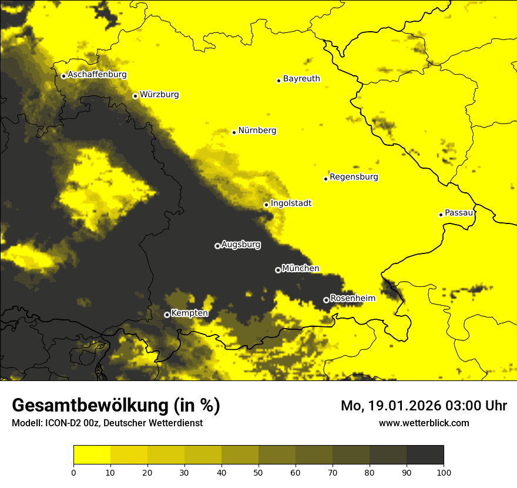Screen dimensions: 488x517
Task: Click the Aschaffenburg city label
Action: tap(97, 75)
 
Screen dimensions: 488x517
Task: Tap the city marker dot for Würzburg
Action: tap(135, 96)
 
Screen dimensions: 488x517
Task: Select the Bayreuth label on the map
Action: tap(301, 78)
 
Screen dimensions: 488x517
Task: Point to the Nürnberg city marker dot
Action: tap(234, 132)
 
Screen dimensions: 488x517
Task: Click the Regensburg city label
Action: tap(354, 176)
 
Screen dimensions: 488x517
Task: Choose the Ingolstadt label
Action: tap(291, 203)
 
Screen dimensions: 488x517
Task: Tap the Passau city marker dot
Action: tap(441, 215)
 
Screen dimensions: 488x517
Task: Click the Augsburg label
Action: tap(241, 244)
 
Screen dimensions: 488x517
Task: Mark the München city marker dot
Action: tap(278, 270)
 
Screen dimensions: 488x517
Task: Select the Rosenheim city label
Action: tap(352, 298)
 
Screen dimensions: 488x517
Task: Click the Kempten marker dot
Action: tap(167, 315)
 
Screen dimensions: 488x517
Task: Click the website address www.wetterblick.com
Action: tap(424, 423)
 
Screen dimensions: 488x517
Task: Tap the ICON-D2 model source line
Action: tap(107, 423)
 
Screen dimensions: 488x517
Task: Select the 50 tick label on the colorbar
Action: tap(258, 472)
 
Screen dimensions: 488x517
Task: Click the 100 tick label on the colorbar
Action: tap(444, 472)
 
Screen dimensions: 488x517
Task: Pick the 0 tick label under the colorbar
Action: tap(73, 472)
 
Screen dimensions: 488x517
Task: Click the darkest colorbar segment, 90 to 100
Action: tap(425, 454)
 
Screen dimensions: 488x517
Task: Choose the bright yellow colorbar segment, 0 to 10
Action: tap(92, 454)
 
